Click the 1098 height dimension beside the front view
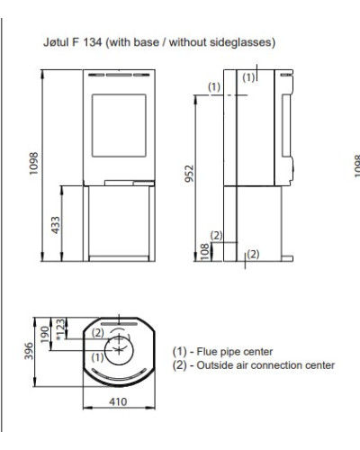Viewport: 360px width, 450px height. point(33,164)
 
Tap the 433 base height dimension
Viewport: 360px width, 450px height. point(56,225)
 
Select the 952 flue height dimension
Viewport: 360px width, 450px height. point(189,174)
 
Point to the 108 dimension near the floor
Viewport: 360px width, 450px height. point(204,252)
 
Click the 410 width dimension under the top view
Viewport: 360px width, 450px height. point(118,401)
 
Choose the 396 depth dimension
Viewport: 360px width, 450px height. point(29,351)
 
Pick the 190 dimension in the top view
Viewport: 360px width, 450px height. point(45,335)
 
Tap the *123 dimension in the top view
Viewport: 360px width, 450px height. point(60,329)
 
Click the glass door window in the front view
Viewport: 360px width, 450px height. point(119,125)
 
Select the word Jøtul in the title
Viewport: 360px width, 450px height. point(56,42)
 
